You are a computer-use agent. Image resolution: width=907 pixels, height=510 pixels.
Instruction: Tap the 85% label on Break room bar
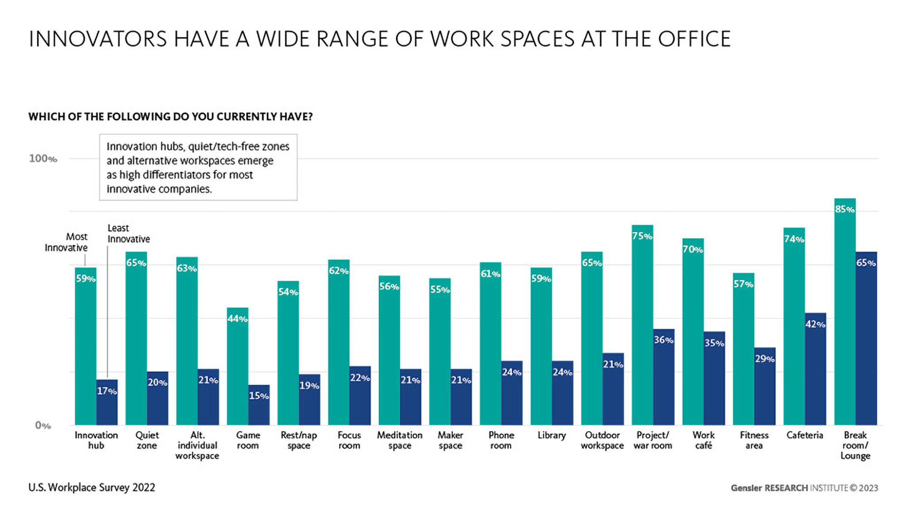pyautogui.click(x=844, y=209)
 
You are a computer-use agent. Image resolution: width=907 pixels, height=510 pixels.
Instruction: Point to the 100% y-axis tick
pyautogui.click(x=43, y=159)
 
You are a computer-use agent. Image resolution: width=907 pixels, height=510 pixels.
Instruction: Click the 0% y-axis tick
pyautogui.click(x=43, y=425)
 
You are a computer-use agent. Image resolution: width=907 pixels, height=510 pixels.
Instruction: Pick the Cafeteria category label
pyautogui.click(x=805, y=435)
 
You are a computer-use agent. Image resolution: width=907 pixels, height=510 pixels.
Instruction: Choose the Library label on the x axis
pyautogui.click(x=551, y=435)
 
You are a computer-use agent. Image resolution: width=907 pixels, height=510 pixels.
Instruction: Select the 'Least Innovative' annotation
pyautogui.click(x=128, y=233)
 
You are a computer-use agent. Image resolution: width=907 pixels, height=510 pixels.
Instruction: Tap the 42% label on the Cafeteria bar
pyautogui.click(x=815, y=325)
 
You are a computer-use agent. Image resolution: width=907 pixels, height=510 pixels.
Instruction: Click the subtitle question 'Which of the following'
pyautogui.click(x=171, y=117)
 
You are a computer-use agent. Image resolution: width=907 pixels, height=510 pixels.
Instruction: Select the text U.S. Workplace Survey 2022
pyautogui.click(x=92, y=488)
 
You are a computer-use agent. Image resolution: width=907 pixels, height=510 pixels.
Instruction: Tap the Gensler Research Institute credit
pyautogui.click(x=804, y=488)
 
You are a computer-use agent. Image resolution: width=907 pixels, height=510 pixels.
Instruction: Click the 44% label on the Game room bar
pyautogui.click(x=237, y=319)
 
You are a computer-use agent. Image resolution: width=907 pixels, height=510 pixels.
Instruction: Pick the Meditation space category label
pyautogui.click(x=400, y=440)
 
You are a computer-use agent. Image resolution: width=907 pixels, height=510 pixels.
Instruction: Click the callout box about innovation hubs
pyautogui.click(x=198, y=167)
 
